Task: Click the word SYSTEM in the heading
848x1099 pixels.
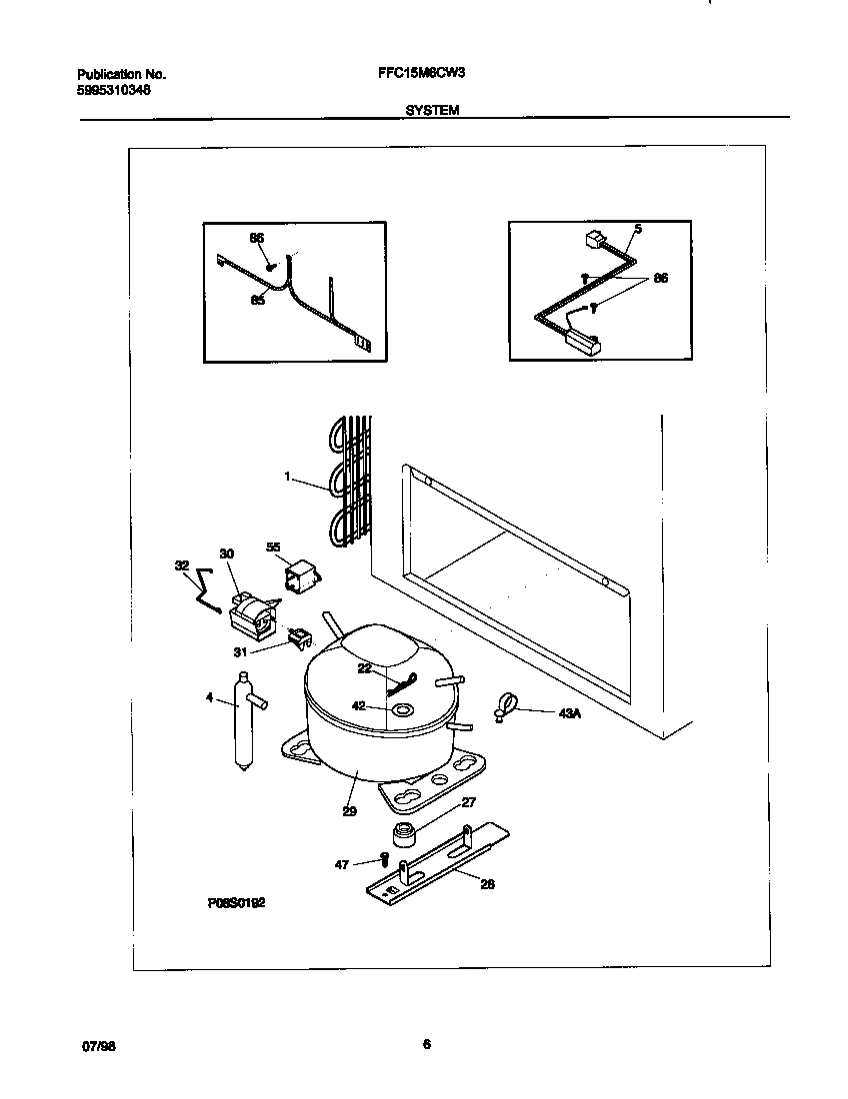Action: point(432,111)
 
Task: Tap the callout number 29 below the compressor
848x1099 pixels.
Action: point(349,811)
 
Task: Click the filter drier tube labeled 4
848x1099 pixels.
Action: point(242,721)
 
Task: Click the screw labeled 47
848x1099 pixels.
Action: point(383,858)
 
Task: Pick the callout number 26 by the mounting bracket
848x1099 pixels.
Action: point(487,883)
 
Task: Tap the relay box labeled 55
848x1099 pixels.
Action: point(298,576)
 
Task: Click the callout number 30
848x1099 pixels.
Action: point(226,553)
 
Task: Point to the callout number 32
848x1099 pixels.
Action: point(181,565)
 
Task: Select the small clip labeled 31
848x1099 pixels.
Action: point(296,636)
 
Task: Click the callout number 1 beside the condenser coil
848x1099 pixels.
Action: point(287,478)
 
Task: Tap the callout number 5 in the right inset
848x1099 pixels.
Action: point(638,229)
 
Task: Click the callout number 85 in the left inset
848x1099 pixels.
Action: point(257,299)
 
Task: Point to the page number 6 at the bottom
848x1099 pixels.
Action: point(426,1045)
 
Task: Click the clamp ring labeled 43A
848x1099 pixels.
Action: point(506,705)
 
